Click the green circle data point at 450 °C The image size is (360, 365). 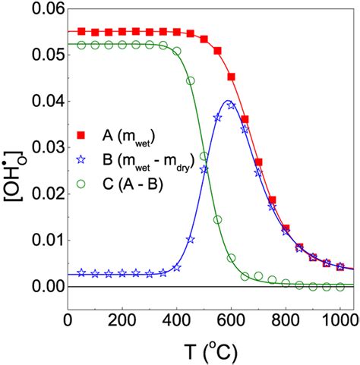[191, 80]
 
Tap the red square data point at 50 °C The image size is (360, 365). [82, 32]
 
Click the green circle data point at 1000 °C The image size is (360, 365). [339, 285]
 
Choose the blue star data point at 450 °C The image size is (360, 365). [191, 239]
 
